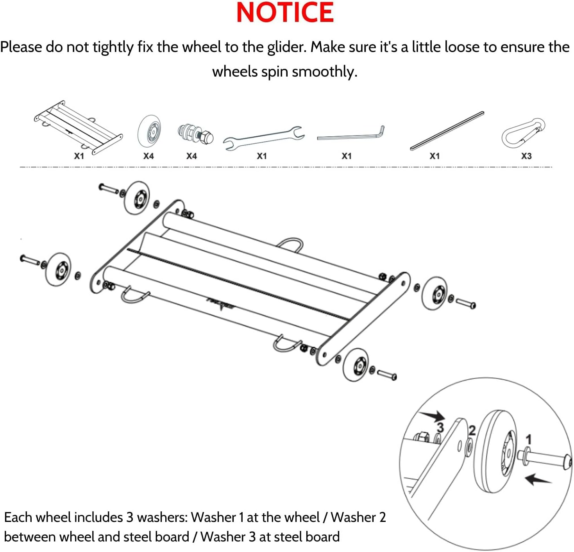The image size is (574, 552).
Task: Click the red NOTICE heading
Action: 285,13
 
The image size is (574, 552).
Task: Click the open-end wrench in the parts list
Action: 263,138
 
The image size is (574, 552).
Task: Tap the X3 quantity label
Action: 526,156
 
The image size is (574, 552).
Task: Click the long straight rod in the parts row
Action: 447,130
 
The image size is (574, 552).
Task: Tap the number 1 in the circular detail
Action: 528,439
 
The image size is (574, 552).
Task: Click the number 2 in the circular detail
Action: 472,431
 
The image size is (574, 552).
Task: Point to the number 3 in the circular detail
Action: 440,427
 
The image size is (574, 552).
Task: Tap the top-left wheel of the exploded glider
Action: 137,198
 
